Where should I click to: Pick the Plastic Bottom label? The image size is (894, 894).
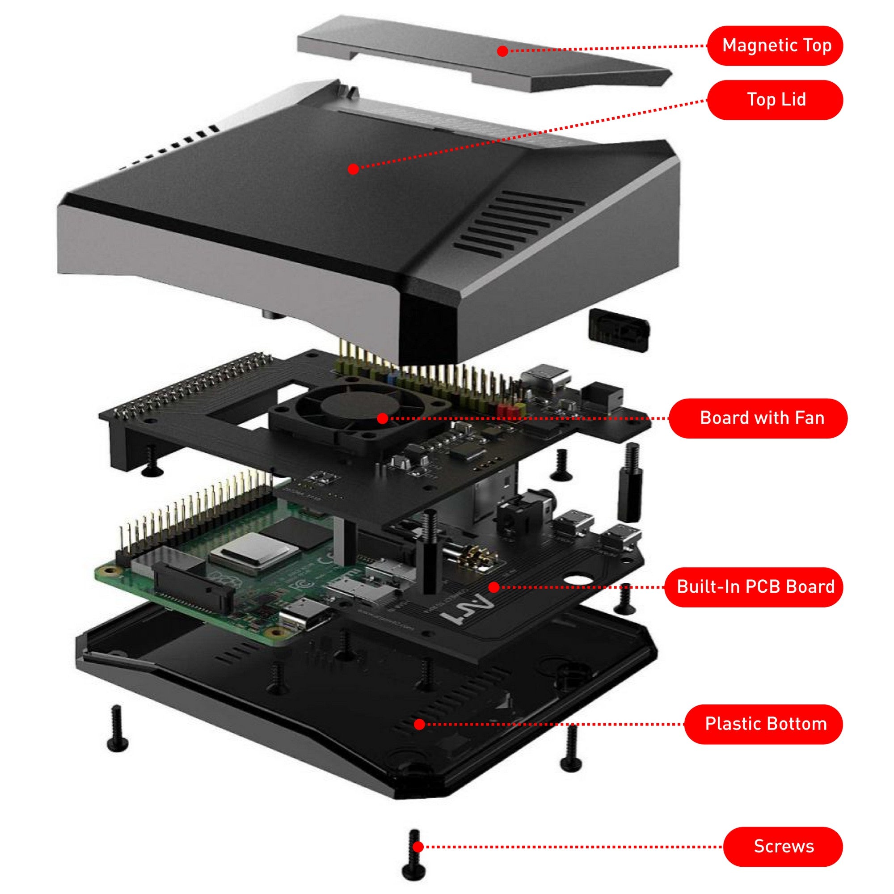tap(763, 724)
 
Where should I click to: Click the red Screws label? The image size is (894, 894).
tap(783, 846)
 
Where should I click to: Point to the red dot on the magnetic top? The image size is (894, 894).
tap(502, 51)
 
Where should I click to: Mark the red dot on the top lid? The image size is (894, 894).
tap(353, 169)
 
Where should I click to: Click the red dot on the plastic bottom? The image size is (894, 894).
tap(419, 724)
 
